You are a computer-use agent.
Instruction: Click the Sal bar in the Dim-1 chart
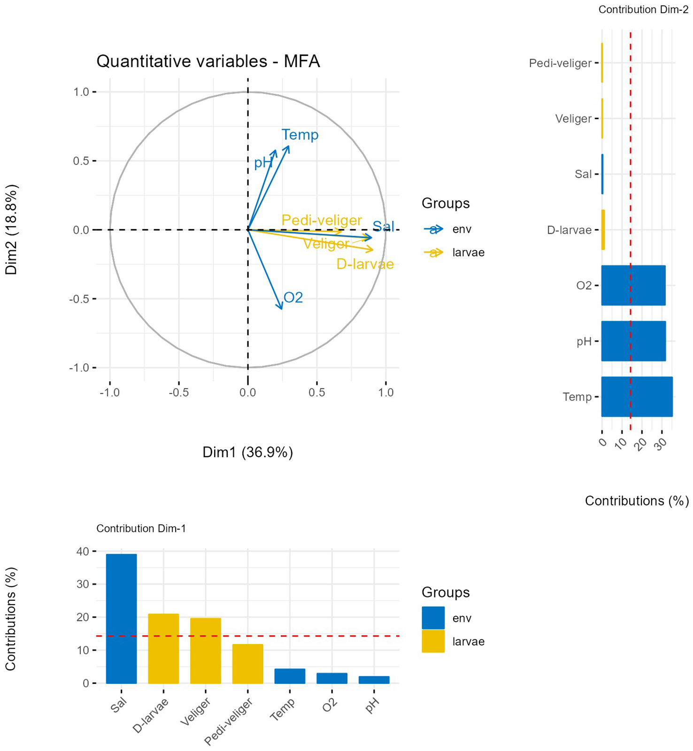[x=121, y=619]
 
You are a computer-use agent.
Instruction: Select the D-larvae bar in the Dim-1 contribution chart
[x=163, y=648]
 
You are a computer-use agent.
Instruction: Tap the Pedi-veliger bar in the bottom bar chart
[x=247, y=664]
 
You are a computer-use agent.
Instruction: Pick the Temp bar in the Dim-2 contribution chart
[x=637, y=397]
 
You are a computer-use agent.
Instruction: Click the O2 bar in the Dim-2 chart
[x=633, y=285]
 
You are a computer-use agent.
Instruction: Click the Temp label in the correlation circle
[x=300, y=135]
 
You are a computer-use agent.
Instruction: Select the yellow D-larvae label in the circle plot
[x=365, y=264]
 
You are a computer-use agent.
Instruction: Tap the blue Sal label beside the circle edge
[x=383, y=226]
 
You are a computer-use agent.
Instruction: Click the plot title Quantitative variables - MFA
[x=208, y=61]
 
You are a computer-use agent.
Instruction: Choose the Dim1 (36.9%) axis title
[x=247, y=452]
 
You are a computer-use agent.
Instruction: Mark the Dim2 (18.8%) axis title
[x=11, y=230]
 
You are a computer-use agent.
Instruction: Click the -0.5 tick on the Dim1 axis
[x=178, y=392]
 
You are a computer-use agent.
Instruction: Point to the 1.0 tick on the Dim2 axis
[x=81, y=92]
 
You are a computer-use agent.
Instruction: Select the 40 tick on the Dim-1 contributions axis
[x=83, y=551]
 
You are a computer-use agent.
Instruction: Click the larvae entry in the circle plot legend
[x=468, y=253]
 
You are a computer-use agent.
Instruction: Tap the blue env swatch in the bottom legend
[x=433, y=618]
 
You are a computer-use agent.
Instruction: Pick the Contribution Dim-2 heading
[x=643, y=10]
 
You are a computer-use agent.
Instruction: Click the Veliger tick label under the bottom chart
[x=196, y=712]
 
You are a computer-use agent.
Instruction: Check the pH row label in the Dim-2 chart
[x=584, y=342]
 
